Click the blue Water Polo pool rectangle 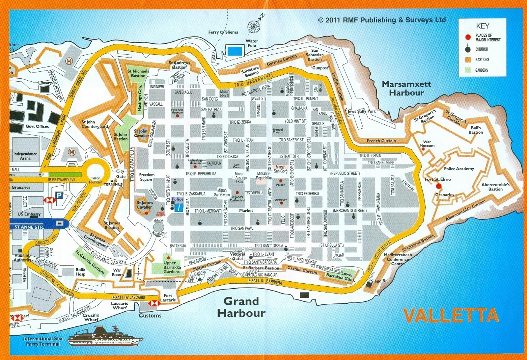coord(235,51)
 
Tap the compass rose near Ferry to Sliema coord(254,27)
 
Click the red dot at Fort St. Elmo coord(439,186)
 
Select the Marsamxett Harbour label coord(406,89)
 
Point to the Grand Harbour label coord(241,307)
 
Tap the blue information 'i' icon coord(179,208)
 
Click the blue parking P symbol coord(59,196)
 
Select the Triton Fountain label coord(96,180)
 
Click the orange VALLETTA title coord(451,315)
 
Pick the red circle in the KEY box coord(468,37)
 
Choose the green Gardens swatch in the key coord(468,70)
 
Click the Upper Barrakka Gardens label coord(172,267)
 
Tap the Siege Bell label coord(380,281)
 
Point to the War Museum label coord(427,144)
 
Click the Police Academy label coord(459,168)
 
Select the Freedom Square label coord(147,177)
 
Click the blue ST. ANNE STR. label coord(29,227)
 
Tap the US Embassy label coord(29,214)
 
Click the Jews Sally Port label coord(362,111)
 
